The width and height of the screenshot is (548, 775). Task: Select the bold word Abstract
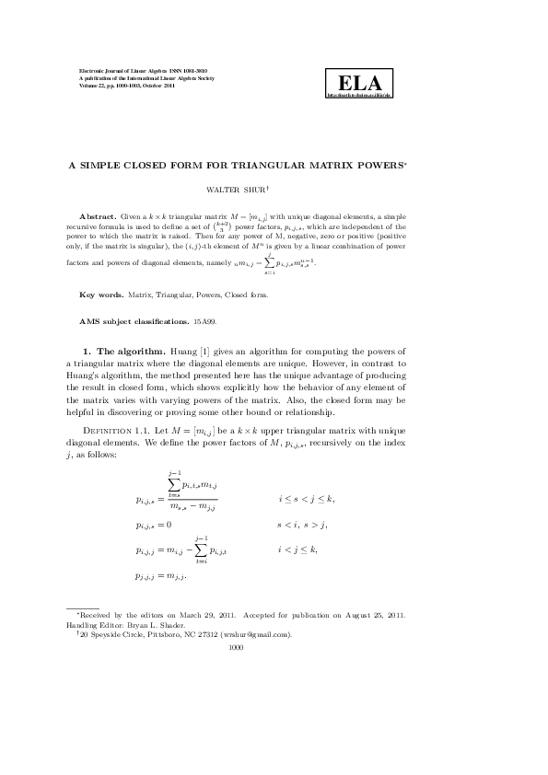click(98, 213)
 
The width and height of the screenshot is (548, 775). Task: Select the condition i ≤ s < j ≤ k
click(307, 498)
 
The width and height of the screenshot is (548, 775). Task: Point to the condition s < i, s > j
click(302, 524)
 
